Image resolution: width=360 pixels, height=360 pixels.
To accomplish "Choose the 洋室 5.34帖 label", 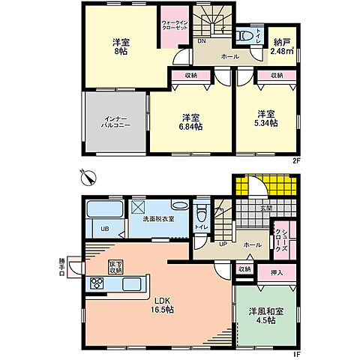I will point(266,118).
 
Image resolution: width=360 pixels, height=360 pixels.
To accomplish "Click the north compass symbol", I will point(88,176).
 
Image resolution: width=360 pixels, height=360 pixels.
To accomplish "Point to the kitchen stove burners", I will point(97,283).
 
